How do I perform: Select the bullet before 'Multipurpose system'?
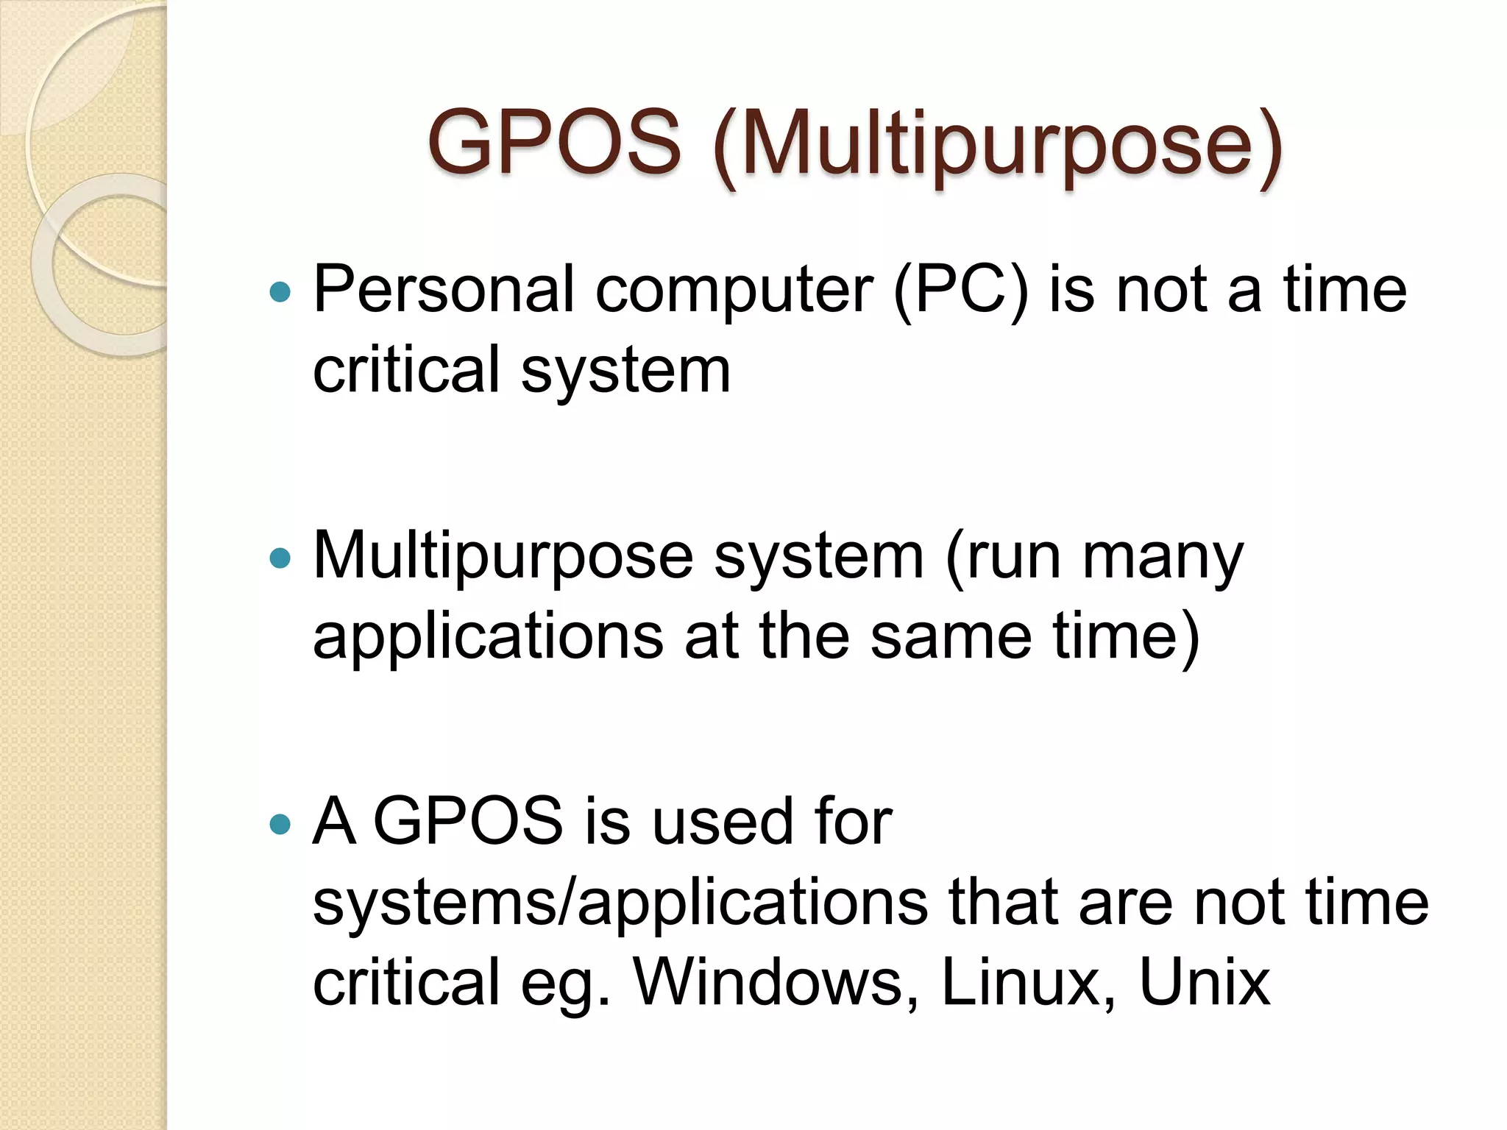coord(280,558)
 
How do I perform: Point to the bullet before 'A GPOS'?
coord(280,824)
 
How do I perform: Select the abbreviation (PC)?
coord(960,291)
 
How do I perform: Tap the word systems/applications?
coord(620,903)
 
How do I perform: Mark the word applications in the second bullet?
coord(488,639)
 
